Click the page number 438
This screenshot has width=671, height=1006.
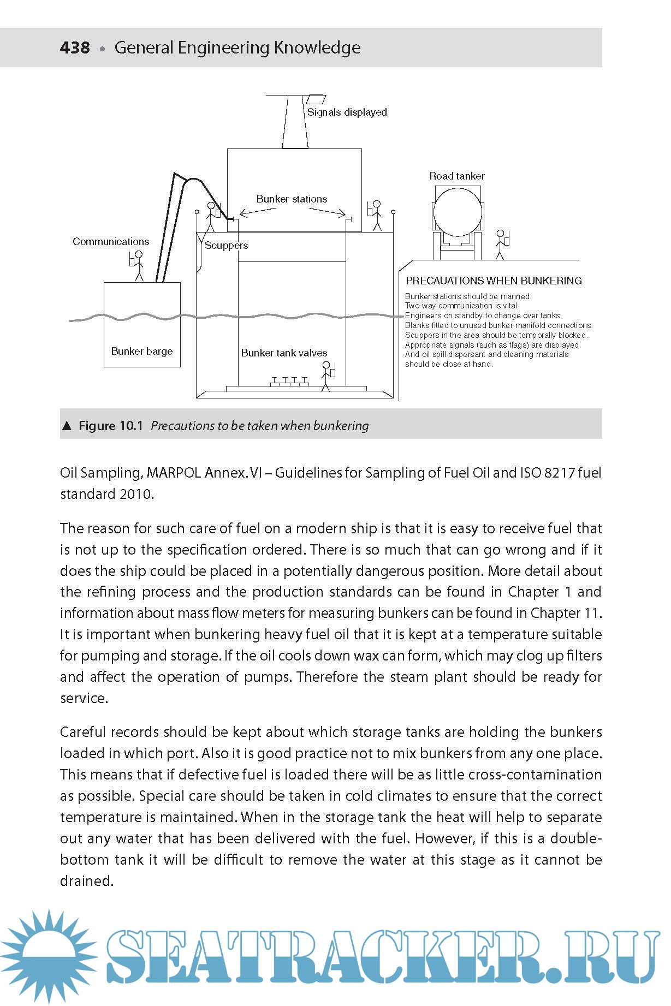(x=75, y=47)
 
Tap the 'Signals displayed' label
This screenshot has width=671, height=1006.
(x=347, y=112)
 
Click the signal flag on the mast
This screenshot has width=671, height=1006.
(x=315, y=99)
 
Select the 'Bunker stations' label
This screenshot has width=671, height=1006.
(x=292, y=199)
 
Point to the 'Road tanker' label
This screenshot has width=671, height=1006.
(x=457, y=176)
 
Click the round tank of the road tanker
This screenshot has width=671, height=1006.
(x=457, y=212)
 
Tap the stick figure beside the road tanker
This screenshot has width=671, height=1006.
(x=500, y=245)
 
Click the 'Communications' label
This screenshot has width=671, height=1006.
(x=111, y=241)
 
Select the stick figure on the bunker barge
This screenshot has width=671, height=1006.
(x=138, y=265)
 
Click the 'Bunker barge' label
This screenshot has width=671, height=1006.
(x=142, y=351)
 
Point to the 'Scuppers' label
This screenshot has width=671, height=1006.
(x=226, y=246)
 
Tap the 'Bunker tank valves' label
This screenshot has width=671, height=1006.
(x=284, y=353)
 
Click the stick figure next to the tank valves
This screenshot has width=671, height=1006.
(x=326, y=376)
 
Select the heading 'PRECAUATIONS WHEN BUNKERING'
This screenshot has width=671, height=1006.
(x=494, y=281)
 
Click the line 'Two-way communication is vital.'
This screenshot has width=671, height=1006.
(x=462, y=306)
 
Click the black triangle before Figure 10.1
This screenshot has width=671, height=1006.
(x=67, y=426)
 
